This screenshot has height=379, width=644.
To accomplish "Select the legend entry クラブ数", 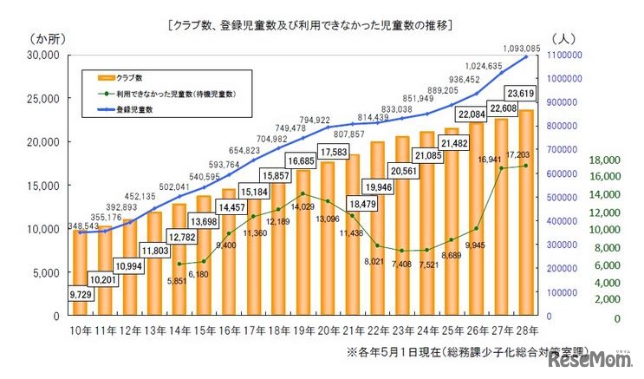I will [139, 78].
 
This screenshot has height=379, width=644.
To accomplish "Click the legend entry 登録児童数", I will [139, 109].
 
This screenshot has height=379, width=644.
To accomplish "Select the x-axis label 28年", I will [526, 330].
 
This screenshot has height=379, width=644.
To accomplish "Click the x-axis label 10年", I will [79, 330].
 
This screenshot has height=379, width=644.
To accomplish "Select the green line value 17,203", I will [522, 154].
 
